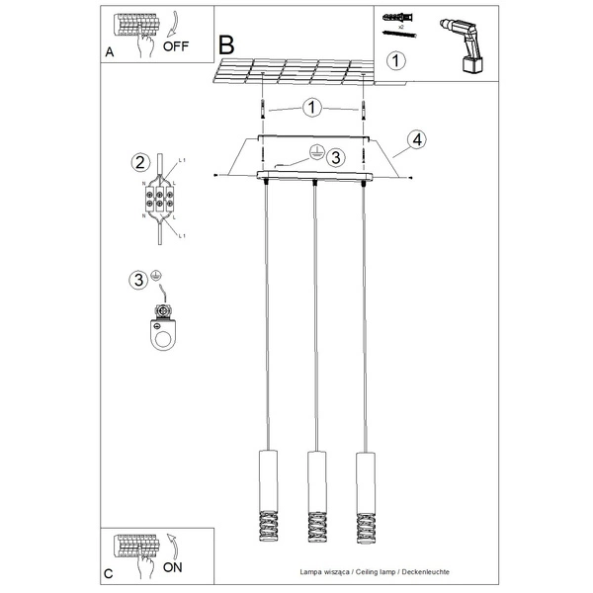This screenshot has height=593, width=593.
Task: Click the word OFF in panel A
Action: click(176, 45)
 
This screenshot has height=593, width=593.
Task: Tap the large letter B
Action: click(227, 44)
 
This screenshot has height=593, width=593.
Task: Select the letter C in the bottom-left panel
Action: click(110, 573)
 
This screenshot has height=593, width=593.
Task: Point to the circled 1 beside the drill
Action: click(395, 61)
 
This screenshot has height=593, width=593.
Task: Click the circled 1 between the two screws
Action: click(312, 107)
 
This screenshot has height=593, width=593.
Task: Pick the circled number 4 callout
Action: click(417, 139)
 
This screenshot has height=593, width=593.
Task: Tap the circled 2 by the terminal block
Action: click(140, 163)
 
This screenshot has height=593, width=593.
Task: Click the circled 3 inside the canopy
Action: click(335, 156)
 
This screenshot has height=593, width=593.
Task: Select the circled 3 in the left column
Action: click(140, 279)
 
